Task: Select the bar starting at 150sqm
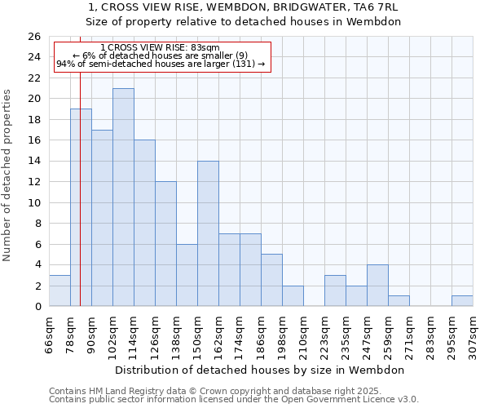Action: point(208,233)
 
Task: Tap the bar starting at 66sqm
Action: point(59,290)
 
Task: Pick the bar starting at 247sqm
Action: point(377,286)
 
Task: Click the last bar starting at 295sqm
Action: point(462,300)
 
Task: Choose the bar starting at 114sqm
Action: point(144,223)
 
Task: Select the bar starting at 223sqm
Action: point(335,290)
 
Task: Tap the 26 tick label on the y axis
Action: point(34,37)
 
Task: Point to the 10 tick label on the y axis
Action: point(34,202)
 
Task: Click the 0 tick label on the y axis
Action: point(37,307)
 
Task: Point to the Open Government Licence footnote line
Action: point(233,399)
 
